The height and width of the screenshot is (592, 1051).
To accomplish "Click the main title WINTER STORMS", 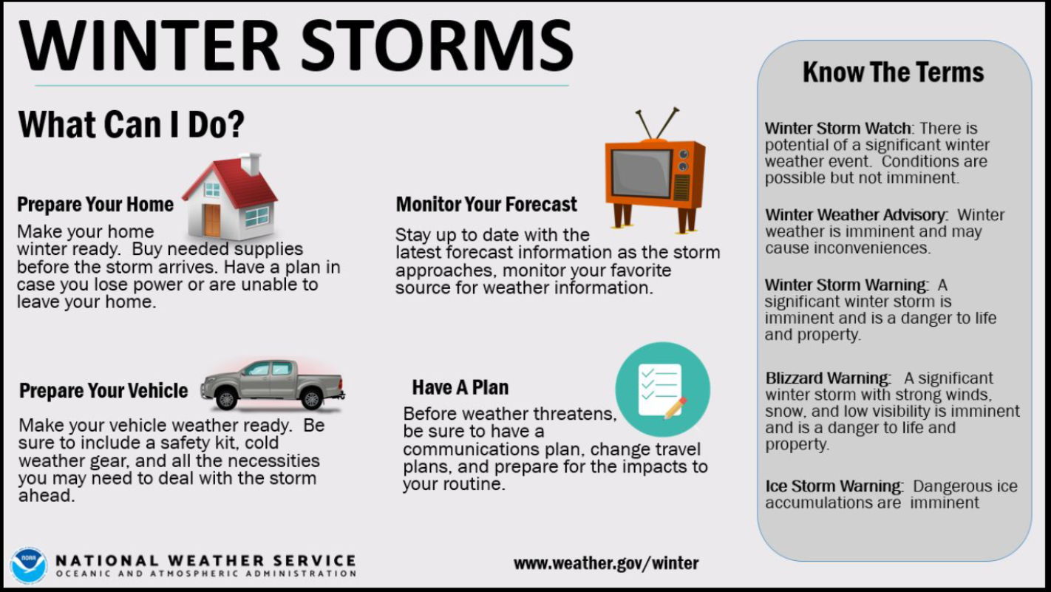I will [296, 46].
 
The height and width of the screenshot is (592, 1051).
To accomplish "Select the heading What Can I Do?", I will [131, 125].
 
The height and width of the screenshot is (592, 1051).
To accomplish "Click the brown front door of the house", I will [212, 220].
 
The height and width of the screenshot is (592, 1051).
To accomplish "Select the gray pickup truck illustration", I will [272, 384].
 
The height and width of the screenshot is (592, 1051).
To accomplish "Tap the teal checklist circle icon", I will [662, 389].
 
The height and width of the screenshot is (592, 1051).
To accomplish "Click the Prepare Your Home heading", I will [95, 205].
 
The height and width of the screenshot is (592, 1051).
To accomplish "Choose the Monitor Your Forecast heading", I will [486, 205].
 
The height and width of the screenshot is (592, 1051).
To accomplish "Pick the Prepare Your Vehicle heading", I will [103, 391].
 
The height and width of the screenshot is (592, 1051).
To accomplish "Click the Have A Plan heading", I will [460, 387].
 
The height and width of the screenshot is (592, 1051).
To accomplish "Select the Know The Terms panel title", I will [893, 72].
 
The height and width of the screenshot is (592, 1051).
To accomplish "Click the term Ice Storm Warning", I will [834, 486].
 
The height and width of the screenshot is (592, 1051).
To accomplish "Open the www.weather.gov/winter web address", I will [606, 563].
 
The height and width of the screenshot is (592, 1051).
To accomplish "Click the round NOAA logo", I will [29, 565].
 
